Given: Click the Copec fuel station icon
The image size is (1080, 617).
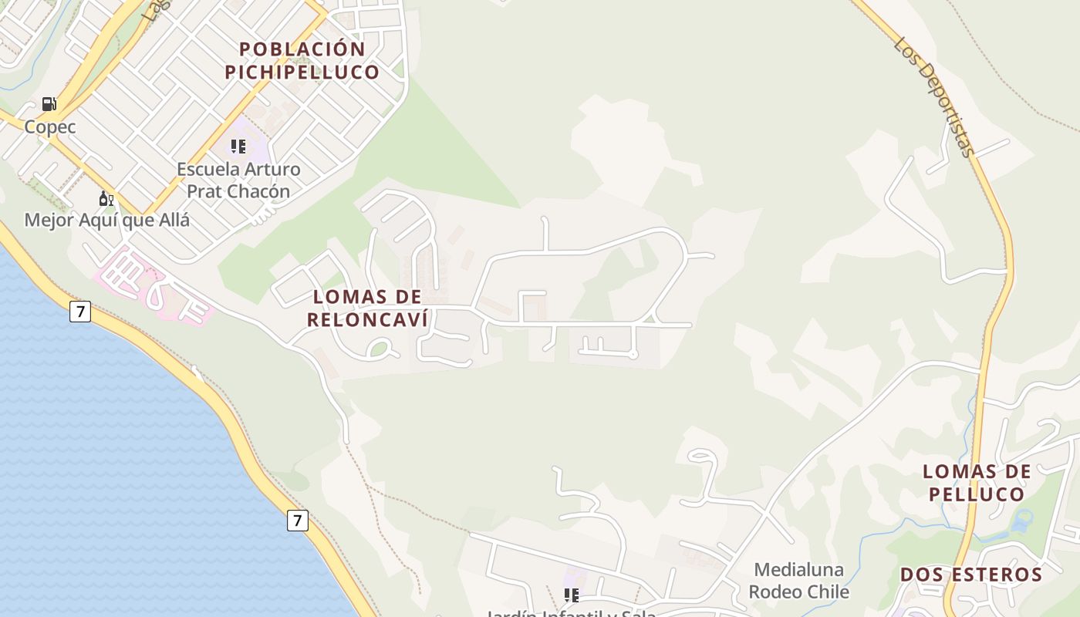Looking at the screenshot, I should pos(49,104).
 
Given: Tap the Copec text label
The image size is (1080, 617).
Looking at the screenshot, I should pos(50,127).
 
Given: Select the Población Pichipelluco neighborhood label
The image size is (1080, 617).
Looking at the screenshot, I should pos(302,61).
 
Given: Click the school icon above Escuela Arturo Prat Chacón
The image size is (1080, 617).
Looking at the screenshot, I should pos(238,146).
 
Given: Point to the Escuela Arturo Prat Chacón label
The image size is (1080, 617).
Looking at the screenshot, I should pos(238,180).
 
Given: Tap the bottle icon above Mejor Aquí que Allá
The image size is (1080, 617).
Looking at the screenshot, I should pos(106,199).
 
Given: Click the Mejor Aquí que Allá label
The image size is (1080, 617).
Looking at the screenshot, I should pos(106,221).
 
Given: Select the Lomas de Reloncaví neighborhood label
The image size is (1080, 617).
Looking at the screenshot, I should pos(367,308).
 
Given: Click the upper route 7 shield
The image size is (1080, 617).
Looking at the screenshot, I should pos(79,312).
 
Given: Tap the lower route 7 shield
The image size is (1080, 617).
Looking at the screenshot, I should pos(297,520).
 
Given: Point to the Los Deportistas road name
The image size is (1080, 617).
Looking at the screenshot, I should pos(935,96).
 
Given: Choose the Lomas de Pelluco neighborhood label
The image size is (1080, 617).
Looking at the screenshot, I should pos(977,483).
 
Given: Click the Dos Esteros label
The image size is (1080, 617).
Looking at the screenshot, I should pos(971,575).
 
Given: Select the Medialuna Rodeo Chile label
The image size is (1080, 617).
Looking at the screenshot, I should pos(798,581).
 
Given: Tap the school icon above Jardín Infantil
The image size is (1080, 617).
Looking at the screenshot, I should pos(572,595).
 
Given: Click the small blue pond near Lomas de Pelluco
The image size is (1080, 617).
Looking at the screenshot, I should pos(1023,521).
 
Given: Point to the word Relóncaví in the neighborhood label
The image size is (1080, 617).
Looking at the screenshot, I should pos(367,319).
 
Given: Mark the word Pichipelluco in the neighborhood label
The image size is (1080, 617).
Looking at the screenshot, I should pos(302,72).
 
